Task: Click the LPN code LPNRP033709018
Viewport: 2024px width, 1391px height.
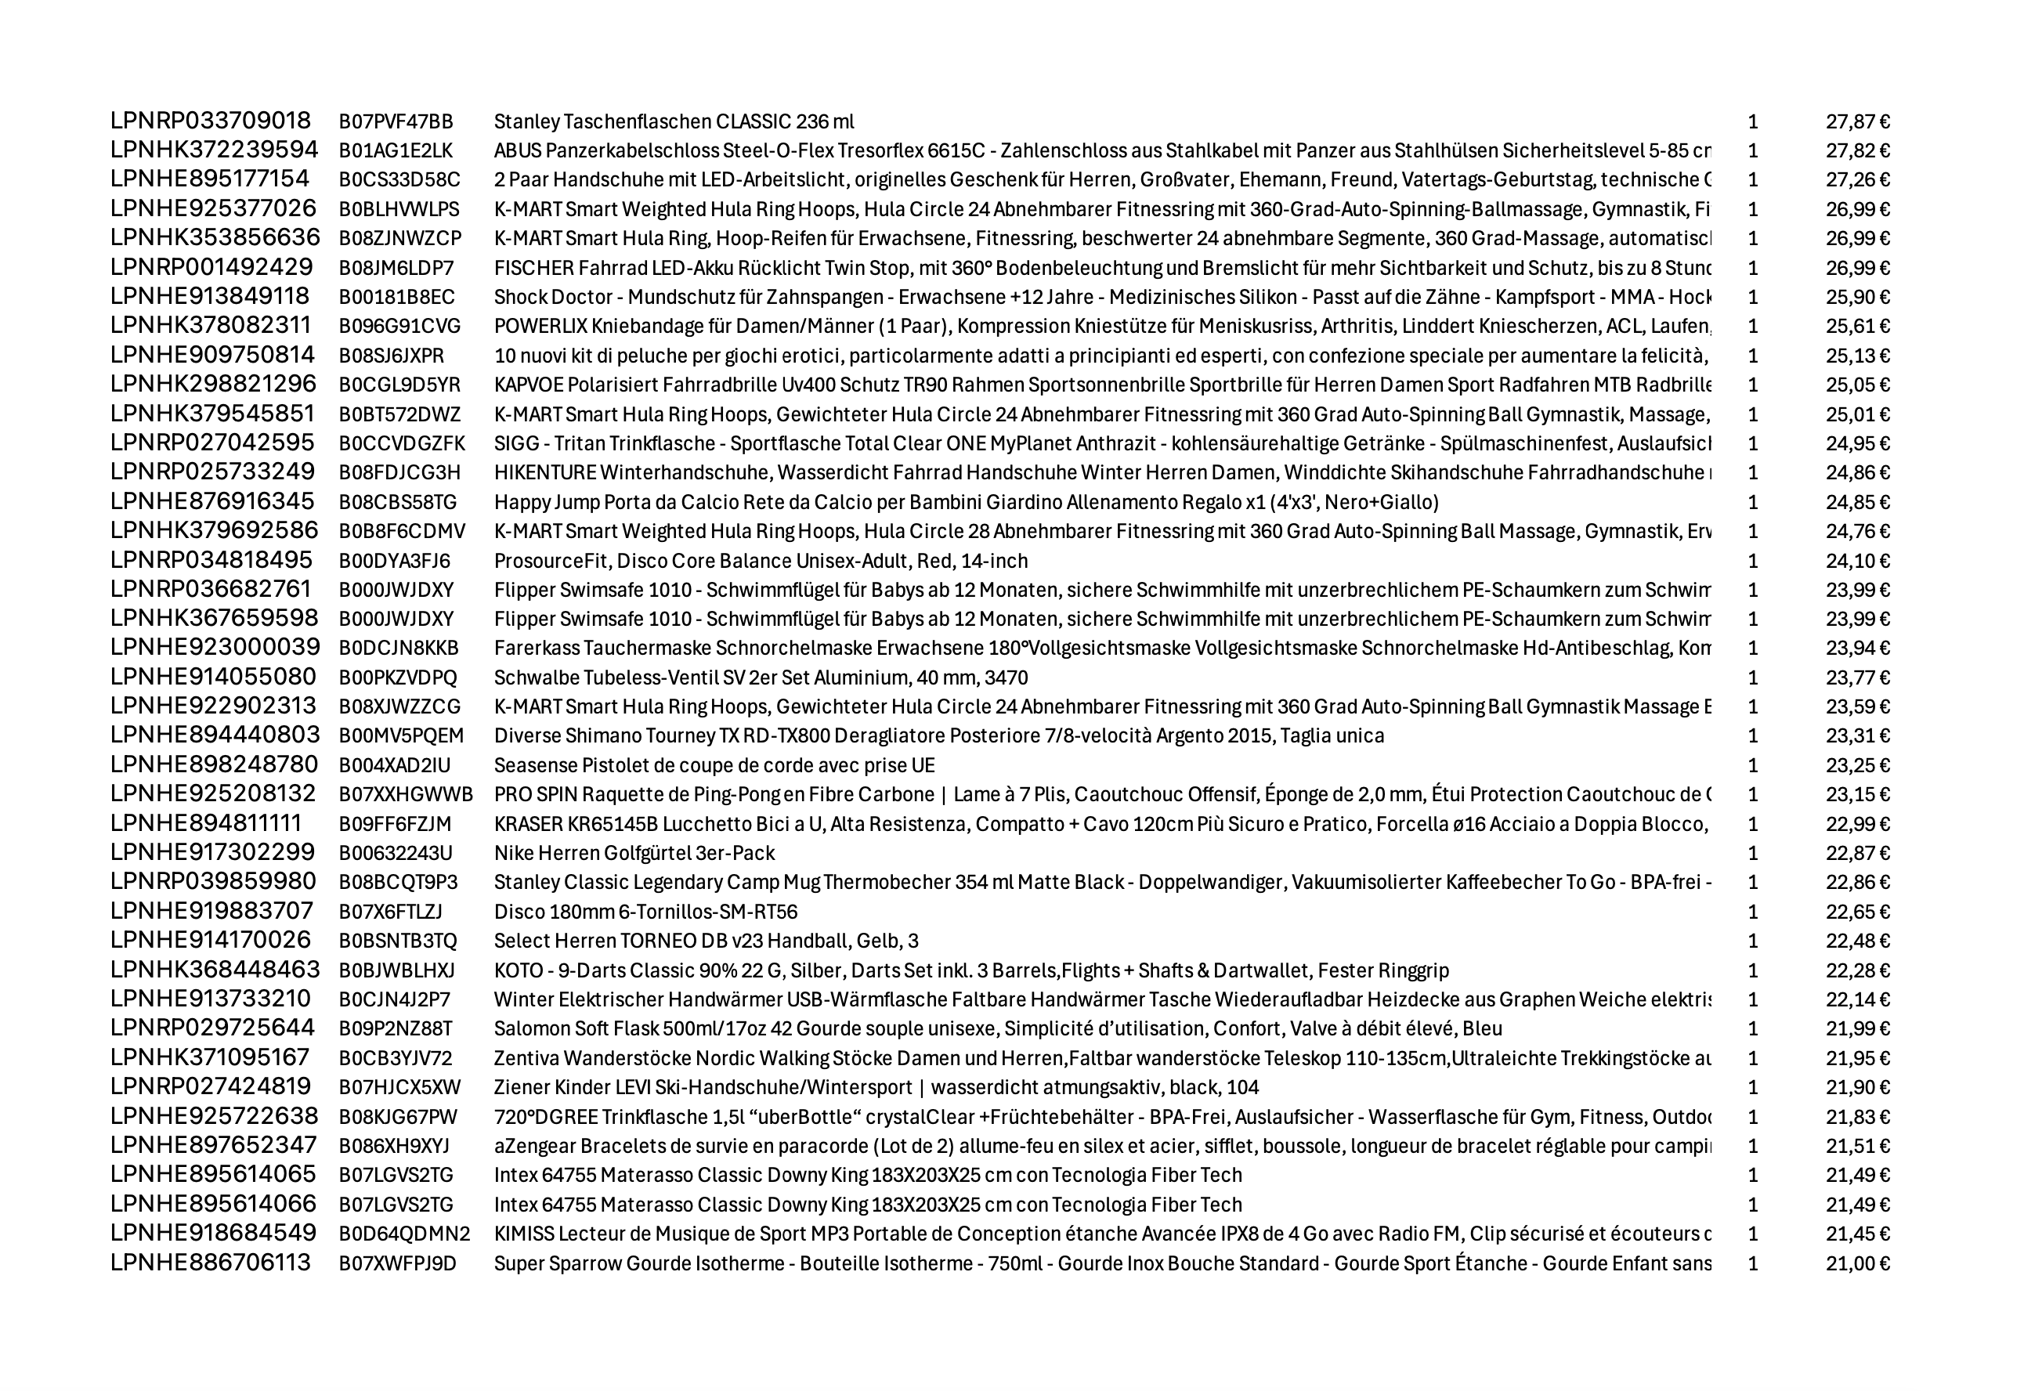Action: tap(210, 121)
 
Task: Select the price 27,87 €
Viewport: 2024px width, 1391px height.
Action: tap(1857, 121)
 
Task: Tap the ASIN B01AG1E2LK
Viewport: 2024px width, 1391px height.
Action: tap(396, 151)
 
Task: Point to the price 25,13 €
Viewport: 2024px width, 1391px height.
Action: tap(1857, 356)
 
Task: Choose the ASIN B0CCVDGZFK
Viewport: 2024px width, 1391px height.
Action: tap(402, 443)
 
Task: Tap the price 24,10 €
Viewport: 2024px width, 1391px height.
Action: tap(1857, 562)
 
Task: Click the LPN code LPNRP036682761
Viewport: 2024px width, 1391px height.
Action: tap(210, 590)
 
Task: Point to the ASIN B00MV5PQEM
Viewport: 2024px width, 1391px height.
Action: tap(401, 736)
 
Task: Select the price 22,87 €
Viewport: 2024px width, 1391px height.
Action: tap(1857, 853)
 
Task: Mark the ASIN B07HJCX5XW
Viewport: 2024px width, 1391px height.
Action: tap(399, 1088)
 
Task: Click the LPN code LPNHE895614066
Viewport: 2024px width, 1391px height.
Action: tap(213, 1205)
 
